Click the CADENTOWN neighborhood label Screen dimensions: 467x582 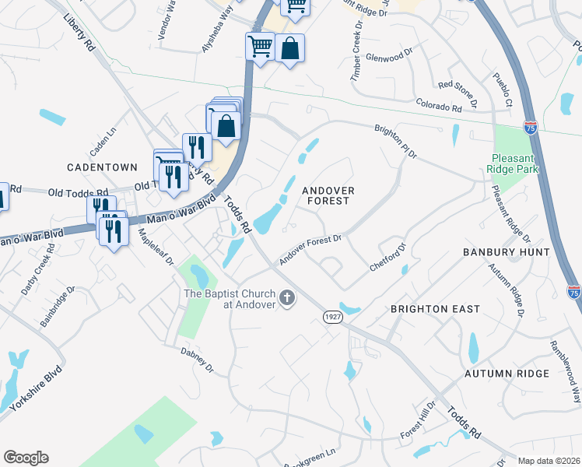(x=102, y=167)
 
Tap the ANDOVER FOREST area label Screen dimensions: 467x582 (x=328, y=195)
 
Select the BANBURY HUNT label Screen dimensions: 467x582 (x=506, y=252)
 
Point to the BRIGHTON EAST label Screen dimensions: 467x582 (x=435, y=309)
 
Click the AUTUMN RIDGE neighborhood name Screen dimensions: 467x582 (x=507, y=374)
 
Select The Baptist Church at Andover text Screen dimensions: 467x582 (x=230, y=298)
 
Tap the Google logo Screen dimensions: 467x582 (x=26, y=458)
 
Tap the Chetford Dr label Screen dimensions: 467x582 (x=388, y=257)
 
